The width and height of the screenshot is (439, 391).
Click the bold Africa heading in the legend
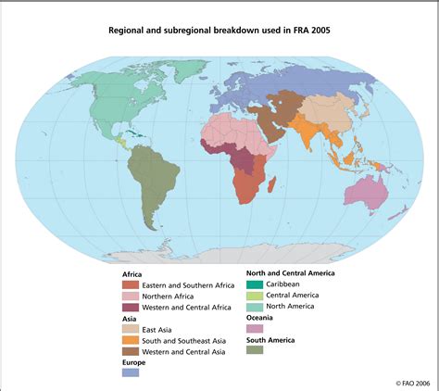pos(132,274)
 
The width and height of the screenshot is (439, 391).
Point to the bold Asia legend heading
pos(130,318)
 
